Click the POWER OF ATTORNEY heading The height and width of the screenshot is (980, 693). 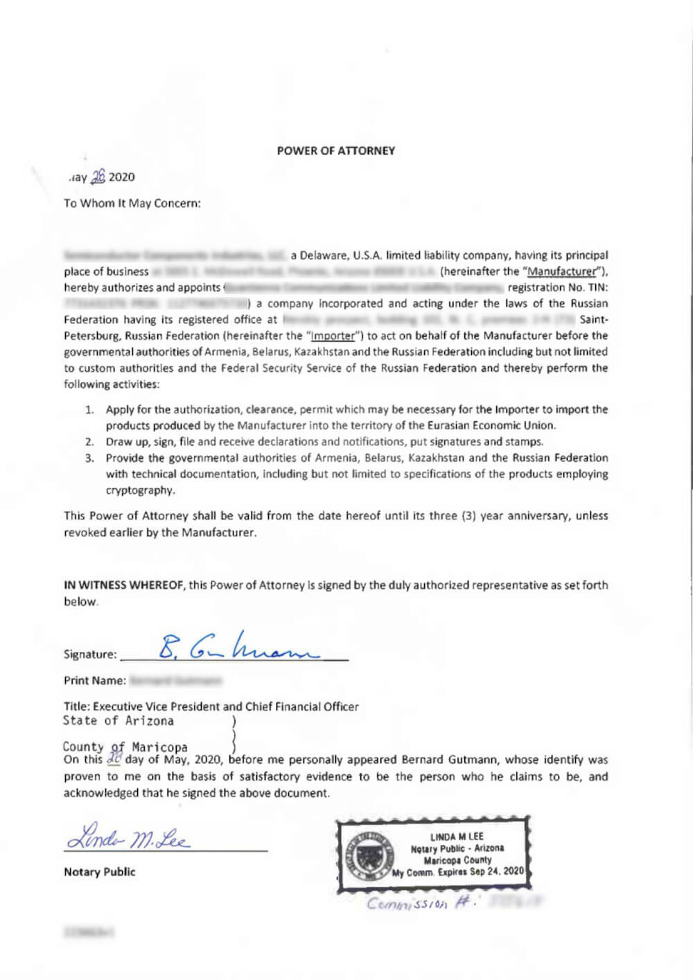335,150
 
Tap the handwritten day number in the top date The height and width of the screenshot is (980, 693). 98,177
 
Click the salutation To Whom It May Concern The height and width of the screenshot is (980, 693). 132,203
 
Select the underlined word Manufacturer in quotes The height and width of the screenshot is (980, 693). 561,271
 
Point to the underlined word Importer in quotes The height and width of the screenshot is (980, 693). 333,336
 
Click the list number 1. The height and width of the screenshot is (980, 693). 89,409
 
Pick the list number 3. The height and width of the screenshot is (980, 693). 89,458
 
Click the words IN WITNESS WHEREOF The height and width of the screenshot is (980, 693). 125,585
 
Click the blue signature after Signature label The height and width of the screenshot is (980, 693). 236,648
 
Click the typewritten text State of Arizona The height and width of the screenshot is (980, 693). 118,721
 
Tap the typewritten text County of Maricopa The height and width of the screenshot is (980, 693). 125,747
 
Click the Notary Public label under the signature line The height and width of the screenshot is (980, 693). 99,871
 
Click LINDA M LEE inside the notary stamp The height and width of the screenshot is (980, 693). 457,837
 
